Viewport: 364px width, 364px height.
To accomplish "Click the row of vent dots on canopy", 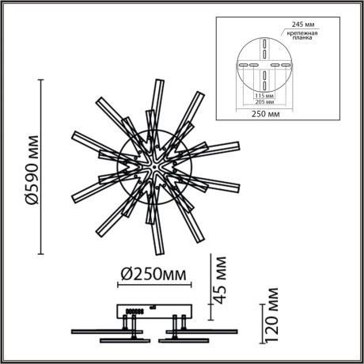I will point(133,310).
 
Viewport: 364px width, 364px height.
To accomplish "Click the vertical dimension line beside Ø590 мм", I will point(44,167).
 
